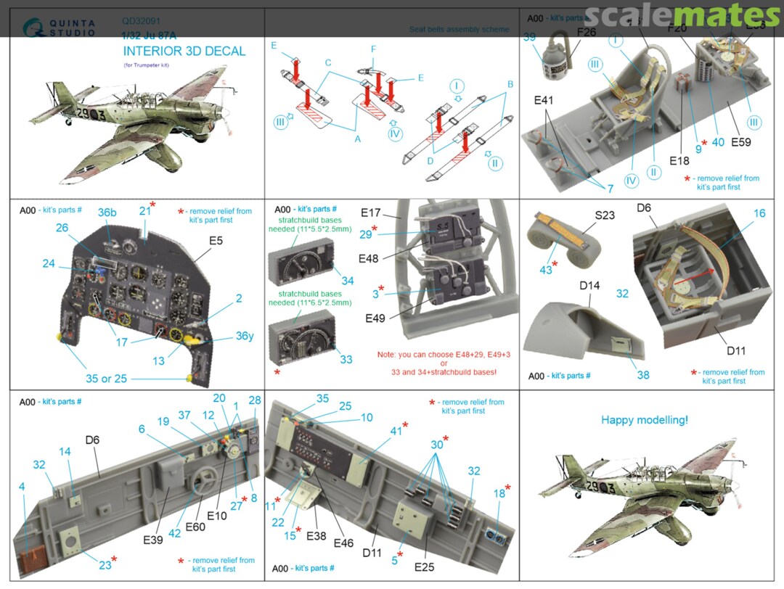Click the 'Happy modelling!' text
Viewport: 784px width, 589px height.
645,419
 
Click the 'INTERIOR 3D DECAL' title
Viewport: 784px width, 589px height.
184,52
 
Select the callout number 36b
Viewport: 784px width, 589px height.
107,213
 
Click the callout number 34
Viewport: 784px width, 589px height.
348,281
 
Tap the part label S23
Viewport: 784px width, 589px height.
605,215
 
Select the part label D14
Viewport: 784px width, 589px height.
589,286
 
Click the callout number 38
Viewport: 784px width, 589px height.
643,375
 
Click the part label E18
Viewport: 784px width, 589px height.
680,160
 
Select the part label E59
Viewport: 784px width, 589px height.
741,142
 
